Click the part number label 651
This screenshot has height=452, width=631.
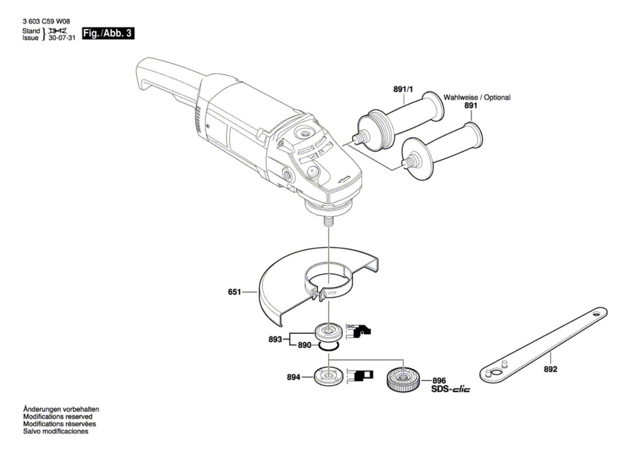click(x=234, y=292)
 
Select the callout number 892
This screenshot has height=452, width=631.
click(x=550, y=369)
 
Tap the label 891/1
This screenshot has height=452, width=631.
click(x=403, y=89)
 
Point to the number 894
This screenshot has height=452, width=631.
click(x=293, y=377)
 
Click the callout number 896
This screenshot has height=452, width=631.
click(x=439, y=381)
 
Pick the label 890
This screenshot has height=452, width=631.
click(x=304, y=345)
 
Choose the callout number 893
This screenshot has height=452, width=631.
click(x=275, y=339)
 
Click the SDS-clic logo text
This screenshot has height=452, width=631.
click(x=451, y=389)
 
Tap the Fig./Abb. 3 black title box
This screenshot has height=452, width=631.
click(x=108, y=33)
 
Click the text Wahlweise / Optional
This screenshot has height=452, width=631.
click(x=477, y=97)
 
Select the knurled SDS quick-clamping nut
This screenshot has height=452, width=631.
click(x=403, y=379)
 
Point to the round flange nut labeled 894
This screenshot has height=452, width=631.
click(x=329, y=377)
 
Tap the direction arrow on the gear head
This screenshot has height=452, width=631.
click(x=344, y=179)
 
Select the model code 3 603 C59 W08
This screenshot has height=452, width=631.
click(x=46, y=21)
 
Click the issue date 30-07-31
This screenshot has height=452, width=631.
click(x=62, y=38)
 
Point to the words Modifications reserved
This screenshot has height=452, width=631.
click(x=58, y=416)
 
